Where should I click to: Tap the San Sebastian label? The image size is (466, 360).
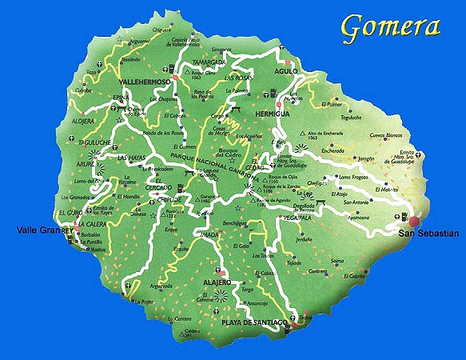(x=428, y=233)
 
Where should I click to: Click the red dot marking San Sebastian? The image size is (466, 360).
(x=415, y=221)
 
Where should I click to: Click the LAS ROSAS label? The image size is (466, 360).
(x=237, y=78)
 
